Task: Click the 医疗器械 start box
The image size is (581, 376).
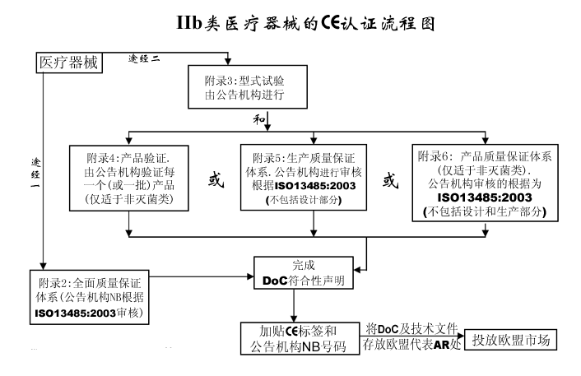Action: click(68, 62)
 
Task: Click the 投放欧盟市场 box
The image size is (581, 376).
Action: click(511, 339)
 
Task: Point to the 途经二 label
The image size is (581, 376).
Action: click(146, 58)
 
